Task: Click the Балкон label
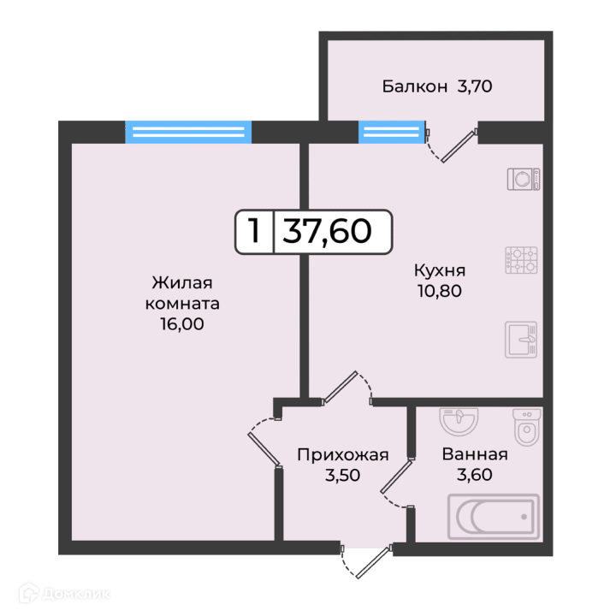414,86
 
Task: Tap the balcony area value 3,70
475,86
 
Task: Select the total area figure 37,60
327,232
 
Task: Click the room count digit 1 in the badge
255,231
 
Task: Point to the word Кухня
440,270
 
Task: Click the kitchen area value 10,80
440,291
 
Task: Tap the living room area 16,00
182,324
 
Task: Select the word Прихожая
342,455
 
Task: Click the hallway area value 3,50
342,476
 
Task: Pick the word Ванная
475,454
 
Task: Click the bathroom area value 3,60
475,475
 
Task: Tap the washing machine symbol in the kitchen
524,179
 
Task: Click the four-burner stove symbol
521,260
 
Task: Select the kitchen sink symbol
521,340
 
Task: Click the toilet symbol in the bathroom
527,428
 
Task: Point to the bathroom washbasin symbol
459,421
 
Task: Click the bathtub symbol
494,517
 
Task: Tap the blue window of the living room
188,132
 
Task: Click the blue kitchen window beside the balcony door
392,132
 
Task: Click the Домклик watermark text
75,594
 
